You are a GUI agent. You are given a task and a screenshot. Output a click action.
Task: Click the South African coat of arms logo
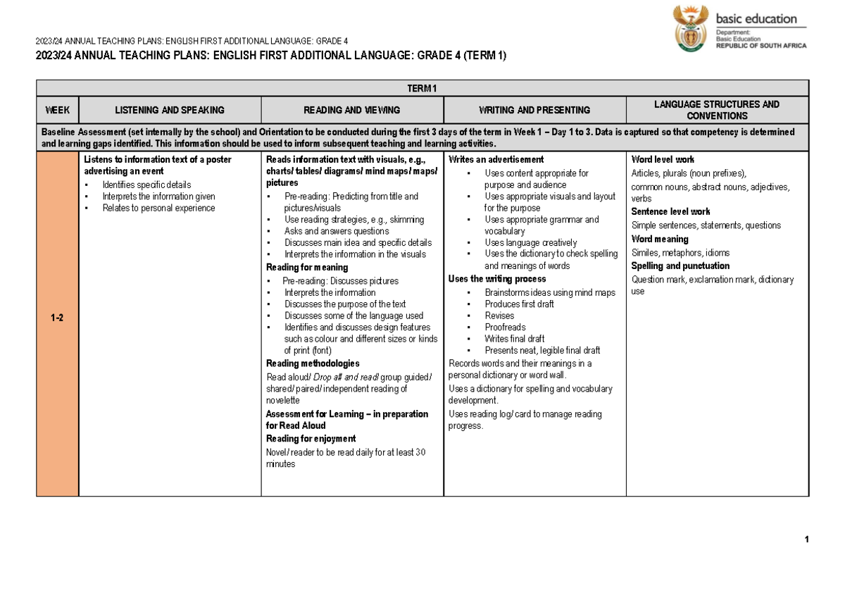[x=690, y=28]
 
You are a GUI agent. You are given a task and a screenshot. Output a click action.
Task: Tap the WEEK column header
[x=57, y=110]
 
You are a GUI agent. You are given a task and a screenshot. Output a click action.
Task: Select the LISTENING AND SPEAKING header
[x=170, y=110]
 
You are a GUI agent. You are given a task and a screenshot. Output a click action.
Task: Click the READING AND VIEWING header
[x=352, y=110]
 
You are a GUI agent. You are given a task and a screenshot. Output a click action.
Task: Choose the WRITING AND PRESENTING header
[x=534, y=110]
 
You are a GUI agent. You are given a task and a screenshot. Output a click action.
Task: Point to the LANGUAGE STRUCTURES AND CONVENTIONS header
[x=717, y=110]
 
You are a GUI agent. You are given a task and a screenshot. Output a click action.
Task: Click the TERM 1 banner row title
[x=423, y=88]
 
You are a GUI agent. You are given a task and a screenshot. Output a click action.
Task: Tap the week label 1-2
[x=57, y=318]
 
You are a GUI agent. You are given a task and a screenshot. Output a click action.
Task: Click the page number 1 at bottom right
[x=806, y=540]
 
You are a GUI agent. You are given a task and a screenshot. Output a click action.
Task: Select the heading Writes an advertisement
[x=496, y=160]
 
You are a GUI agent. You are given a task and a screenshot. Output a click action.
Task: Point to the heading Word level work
[x=663, y=160]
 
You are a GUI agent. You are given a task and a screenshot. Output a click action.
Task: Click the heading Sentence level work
[x=670, y=211]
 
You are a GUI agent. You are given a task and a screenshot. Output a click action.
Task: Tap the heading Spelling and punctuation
[x=680, y=266]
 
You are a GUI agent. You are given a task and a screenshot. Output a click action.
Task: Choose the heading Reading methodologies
[x=313, y=363]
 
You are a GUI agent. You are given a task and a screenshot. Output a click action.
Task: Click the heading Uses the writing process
[x=497, y=279]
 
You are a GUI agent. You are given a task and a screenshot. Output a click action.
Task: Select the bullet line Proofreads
[x=505, y=328]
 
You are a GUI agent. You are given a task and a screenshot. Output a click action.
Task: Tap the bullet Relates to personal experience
[x=158, y=208]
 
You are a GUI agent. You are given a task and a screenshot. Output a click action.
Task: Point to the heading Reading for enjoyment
[x=311, y=439]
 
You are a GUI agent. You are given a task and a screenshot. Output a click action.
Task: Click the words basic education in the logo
[x=756, y=19]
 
